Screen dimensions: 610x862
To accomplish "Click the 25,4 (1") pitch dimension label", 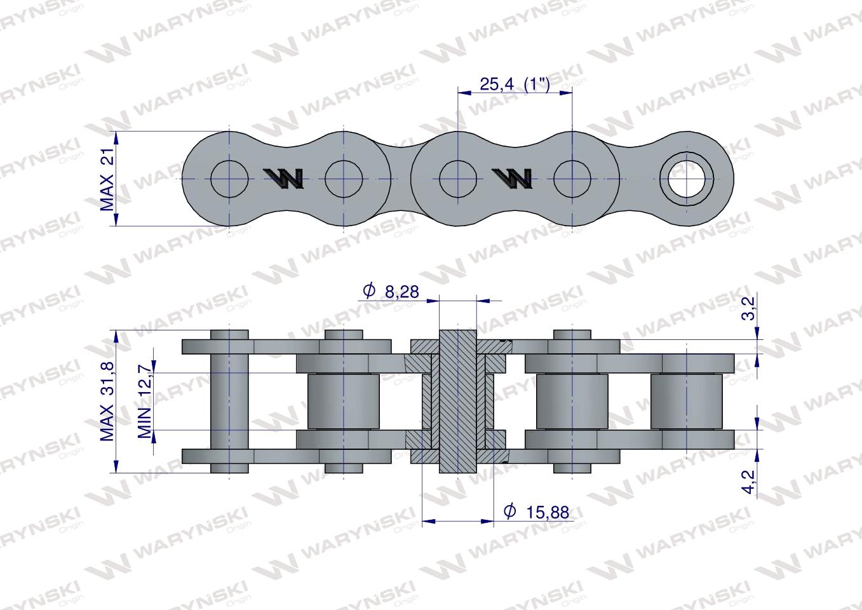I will (515, 84).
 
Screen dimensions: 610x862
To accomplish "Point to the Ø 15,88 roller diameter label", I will (535, 512).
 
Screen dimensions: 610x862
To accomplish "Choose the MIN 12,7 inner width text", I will (145, 402).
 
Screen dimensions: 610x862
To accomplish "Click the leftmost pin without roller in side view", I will (229, 402).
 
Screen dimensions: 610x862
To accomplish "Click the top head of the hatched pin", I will (457, 337).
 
